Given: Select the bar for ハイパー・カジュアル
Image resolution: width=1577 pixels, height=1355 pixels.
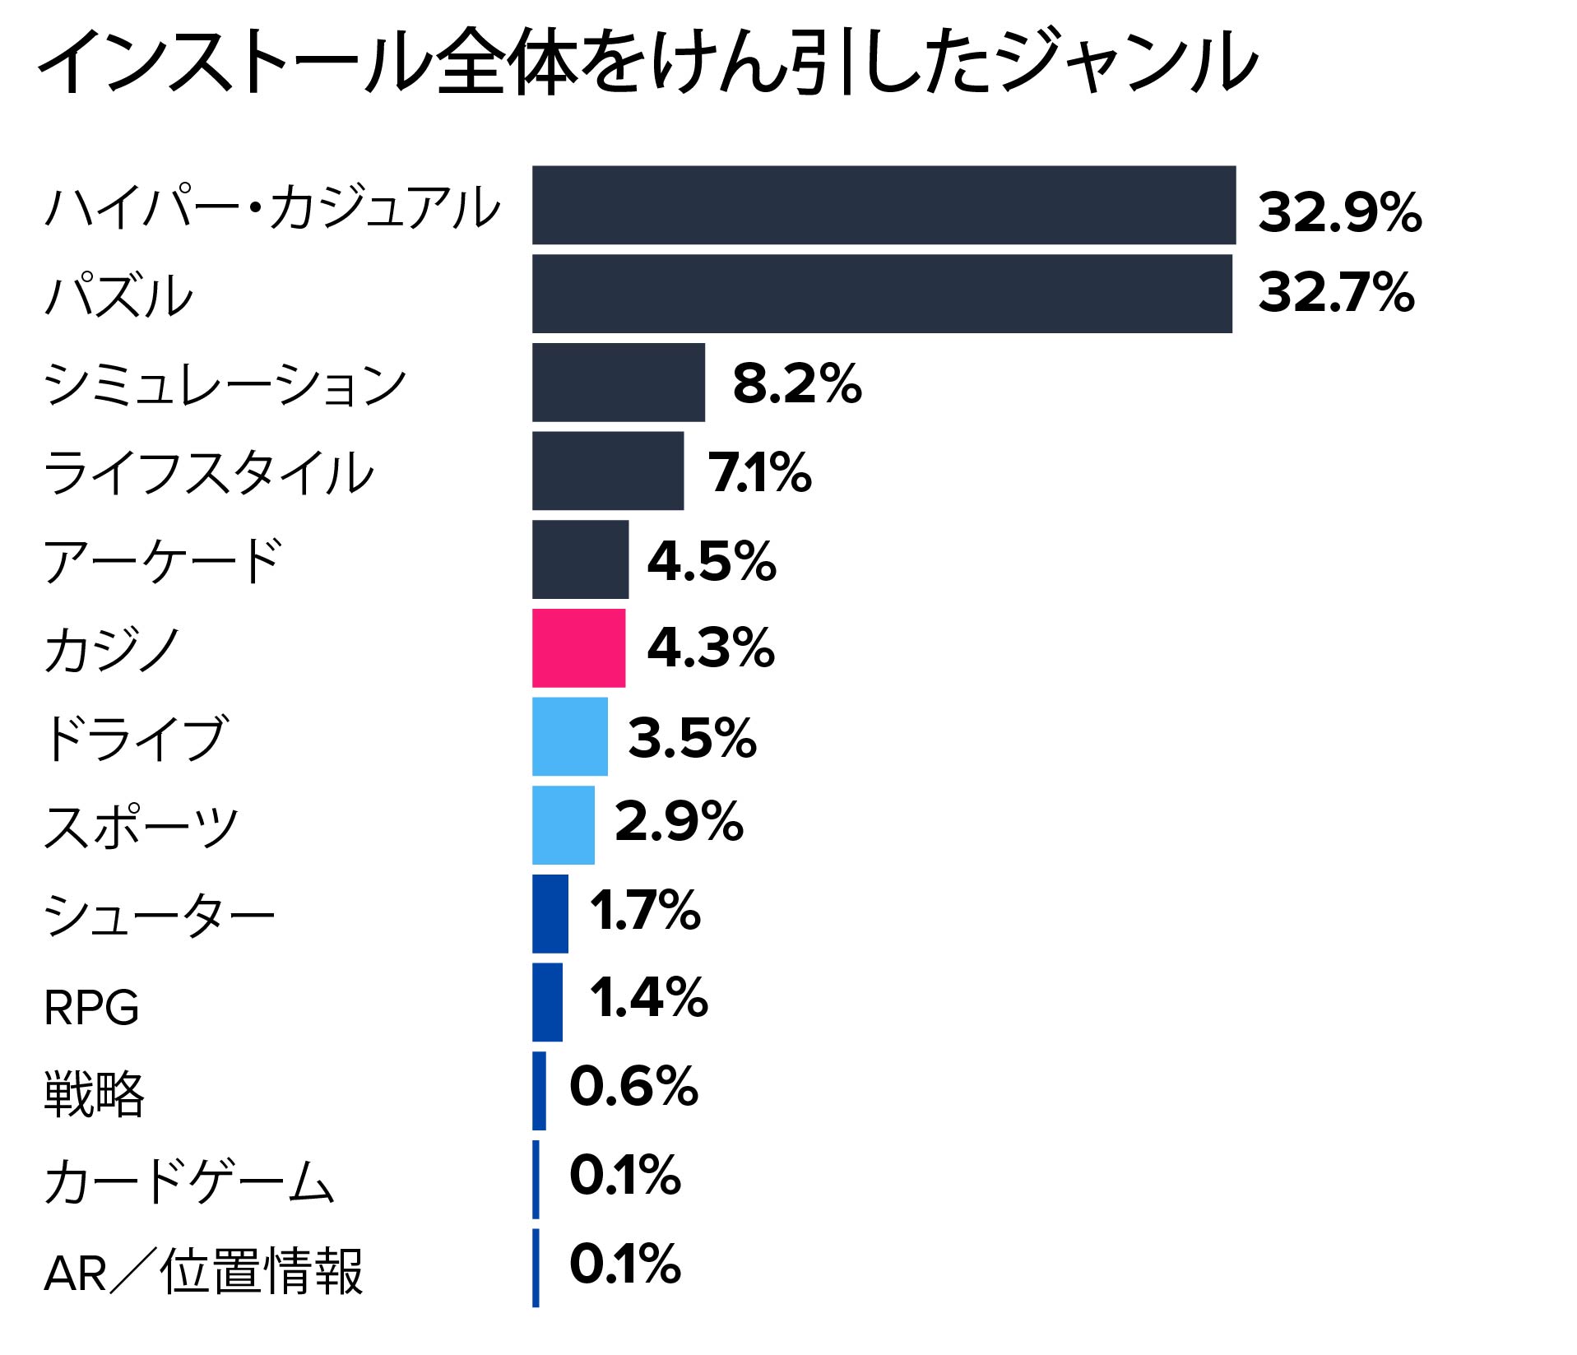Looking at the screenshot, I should click(x=884, y=205).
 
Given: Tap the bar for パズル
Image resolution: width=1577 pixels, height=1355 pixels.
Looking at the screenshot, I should click(x=882, y=294).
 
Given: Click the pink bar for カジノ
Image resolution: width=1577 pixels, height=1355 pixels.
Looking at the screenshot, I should click(x=578, y=647).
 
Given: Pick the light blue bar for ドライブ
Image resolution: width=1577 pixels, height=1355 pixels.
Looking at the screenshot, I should click(x=569, y=736).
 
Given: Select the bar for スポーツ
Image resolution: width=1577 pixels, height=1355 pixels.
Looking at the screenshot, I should click(x=563, y=825).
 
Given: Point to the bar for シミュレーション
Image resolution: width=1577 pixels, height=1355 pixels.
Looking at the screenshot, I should click(x=618, y=383).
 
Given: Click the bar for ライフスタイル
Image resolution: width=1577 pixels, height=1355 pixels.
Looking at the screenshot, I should click(x=607, y=471).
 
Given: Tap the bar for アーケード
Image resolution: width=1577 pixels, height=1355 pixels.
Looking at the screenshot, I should click(x=580, y=559).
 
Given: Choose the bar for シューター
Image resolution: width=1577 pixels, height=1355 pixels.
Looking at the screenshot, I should click(x=550, y=913).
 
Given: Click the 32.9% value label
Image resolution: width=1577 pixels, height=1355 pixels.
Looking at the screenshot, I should click(x=1339, y=212).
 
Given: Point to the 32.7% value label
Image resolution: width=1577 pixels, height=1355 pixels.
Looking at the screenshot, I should click(x=1336, y=293).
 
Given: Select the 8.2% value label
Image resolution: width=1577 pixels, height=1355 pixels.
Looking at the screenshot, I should click(x=796, y=383).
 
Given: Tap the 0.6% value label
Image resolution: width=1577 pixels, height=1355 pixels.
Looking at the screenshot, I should click(x=633, y=1086).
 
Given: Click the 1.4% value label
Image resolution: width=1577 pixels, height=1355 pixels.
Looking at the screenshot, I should click(x=648, y=998).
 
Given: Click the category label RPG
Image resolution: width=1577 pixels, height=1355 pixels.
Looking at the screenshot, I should click(x=91, y=1008).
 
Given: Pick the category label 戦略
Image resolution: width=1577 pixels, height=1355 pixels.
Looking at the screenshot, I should click(x=94, y=1094).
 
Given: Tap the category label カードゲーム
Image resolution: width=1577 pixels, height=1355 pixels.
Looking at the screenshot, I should click(x=189, y=1182).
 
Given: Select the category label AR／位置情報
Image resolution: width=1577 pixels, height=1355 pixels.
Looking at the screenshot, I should click(x=203, y=1272).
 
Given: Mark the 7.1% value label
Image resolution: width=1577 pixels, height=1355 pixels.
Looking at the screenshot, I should click(x=760, y=473).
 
